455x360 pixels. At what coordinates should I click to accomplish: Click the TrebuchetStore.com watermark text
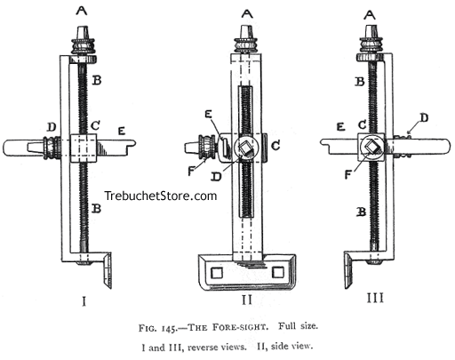click(161, 196)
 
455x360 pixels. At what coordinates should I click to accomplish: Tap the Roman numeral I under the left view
click(84, 301)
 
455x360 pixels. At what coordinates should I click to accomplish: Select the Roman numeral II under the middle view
click(247, 300)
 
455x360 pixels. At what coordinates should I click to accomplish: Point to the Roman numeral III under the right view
click(375, 298)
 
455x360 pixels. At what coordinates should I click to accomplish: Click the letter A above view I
click(82, 11)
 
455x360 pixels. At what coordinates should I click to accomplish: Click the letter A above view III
click(369, 15)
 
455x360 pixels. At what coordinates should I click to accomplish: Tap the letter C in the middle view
click(275, 146)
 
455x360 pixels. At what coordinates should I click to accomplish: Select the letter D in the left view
click(52, 127)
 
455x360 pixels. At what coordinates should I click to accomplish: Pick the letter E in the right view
click(341, 127)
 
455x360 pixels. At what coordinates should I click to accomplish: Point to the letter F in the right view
click(348, 175)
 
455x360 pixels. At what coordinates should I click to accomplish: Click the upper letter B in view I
click(97, 80)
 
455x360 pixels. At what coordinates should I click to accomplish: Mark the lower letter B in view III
click(362, 212)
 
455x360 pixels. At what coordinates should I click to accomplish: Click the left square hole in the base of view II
click(217, 273)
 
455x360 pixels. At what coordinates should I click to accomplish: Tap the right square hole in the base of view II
click(277, 272)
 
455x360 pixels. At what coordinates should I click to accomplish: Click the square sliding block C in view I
click(84, 148)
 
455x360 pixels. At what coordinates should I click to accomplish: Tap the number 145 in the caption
click(170, 329)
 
